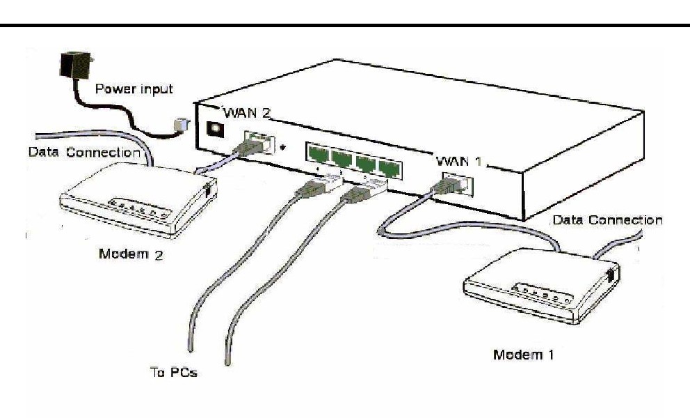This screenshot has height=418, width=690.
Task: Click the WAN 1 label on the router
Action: click(x=460, y=160)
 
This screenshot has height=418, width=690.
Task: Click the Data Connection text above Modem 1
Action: click(x=607, y=220)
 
